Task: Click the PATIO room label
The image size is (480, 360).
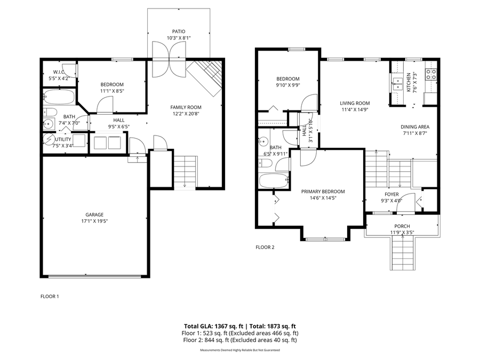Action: [x=178, y=31]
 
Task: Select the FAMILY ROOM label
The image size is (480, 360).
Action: [x=186, y=106]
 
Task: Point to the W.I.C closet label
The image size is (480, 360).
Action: [x=59, y=72]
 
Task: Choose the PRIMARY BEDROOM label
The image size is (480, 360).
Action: [x=323, y=191]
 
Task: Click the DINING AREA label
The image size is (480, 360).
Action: [x=415, y=127]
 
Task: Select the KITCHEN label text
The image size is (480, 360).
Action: [x=409, y=83]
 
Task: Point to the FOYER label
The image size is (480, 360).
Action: [x=392, y=195]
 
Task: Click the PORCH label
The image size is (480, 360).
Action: [x=402, y=226]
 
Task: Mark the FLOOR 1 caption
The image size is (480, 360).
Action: [x=50, y=296]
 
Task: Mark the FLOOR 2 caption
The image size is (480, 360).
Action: [x=265, y=247]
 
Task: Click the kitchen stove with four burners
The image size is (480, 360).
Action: [x=431, y=74]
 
